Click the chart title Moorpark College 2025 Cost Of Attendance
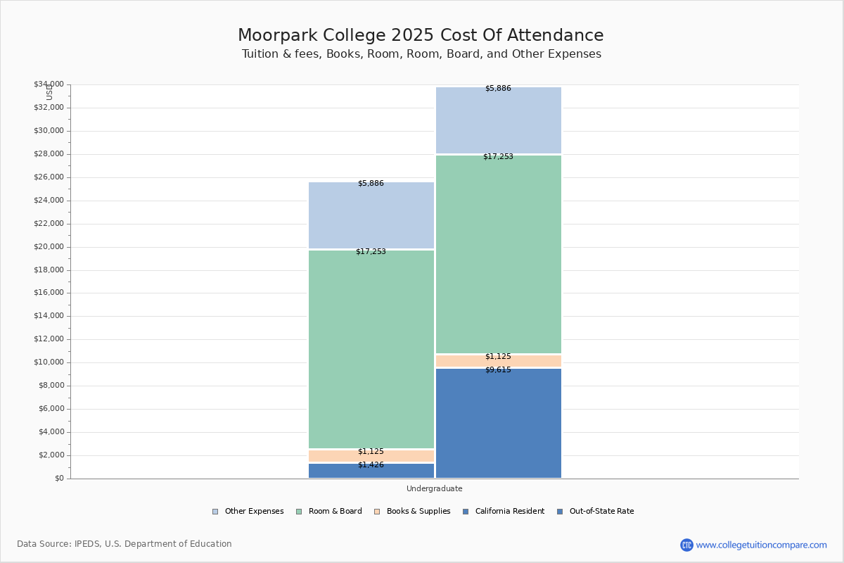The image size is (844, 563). coord(421,36)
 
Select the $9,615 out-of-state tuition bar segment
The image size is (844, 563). coord(498,422)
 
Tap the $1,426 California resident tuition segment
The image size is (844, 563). coord(371,471)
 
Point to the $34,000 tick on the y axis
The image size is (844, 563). coord(49,84)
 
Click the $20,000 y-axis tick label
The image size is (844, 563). coord(49,247)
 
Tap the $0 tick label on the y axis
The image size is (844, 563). coord(59,479)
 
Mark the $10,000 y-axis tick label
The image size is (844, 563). coord(49,362)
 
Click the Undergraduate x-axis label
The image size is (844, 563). coord(434,488)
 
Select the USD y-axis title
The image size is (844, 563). coord(49,91)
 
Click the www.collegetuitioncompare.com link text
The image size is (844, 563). coord(761,545)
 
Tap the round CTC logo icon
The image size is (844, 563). coord(686,545)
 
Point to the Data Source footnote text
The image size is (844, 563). coord(124,544)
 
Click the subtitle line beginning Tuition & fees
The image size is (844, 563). coord(421,54)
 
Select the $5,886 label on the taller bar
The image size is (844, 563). coord(498,89)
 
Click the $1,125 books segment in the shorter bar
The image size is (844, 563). coord(371,455)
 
